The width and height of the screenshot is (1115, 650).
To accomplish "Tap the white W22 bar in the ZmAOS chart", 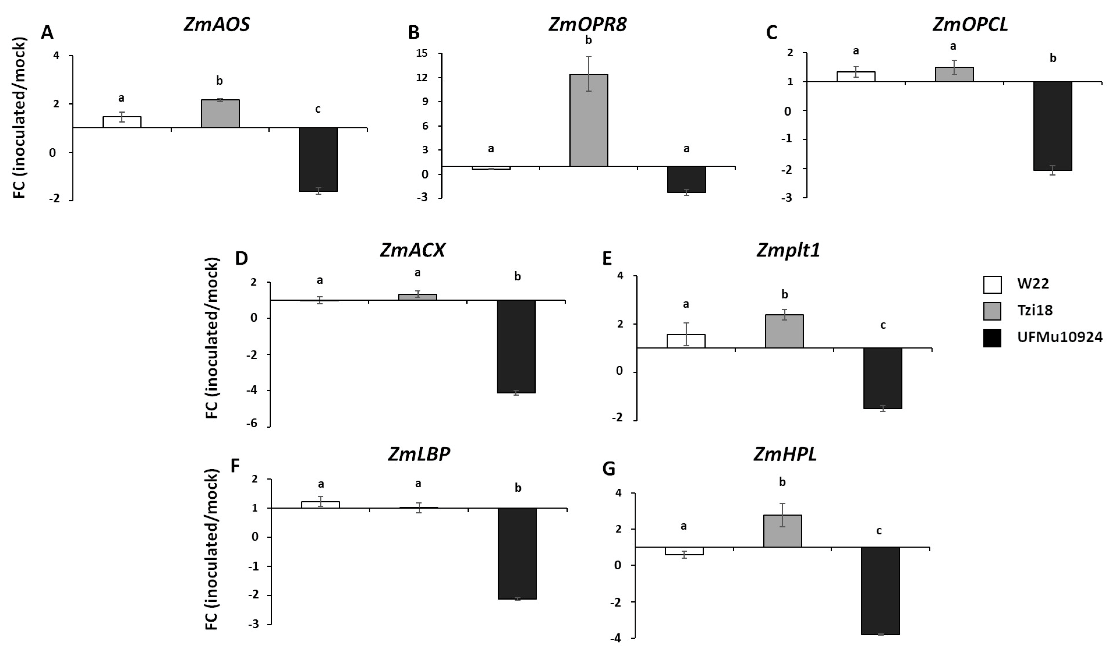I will click(x=122, y=122).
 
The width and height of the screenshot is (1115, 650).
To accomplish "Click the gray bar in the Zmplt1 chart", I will click(x=785, y=331).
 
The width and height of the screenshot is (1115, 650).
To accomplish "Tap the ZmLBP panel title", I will click(x=419, y=454).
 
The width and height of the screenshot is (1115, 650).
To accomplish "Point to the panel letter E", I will click(x=607, y=258).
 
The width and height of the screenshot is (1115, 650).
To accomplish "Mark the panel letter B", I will click(x=414, y=33).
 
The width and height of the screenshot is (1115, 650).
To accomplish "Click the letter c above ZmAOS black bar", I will click(x=318, y=109).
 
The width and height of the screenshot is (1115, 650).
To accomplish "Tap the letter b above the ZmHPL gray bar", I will click(x=782, y=482).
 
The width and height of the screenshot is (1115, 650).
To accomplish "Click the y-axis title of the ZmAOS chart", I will click(x=20, y=117).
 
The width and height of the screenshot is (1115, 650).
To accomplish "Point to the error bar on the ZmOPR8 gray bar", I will click(x=588, y=74).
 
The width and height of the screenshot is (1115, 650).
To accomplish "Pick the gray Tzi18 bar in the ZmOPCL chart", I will click(x=954, y=74).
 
